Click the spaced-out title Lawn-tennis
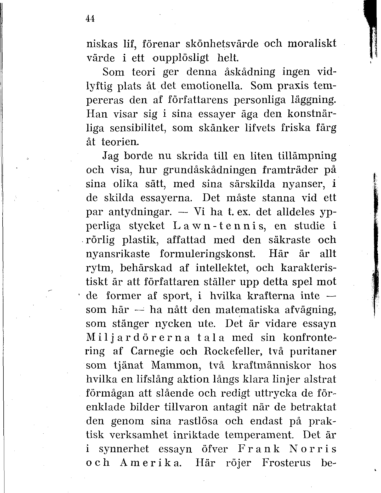(x=219, y=226)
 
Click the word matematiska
(x=247, y=310)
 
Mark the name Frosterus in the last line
(x=286, y=463)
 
